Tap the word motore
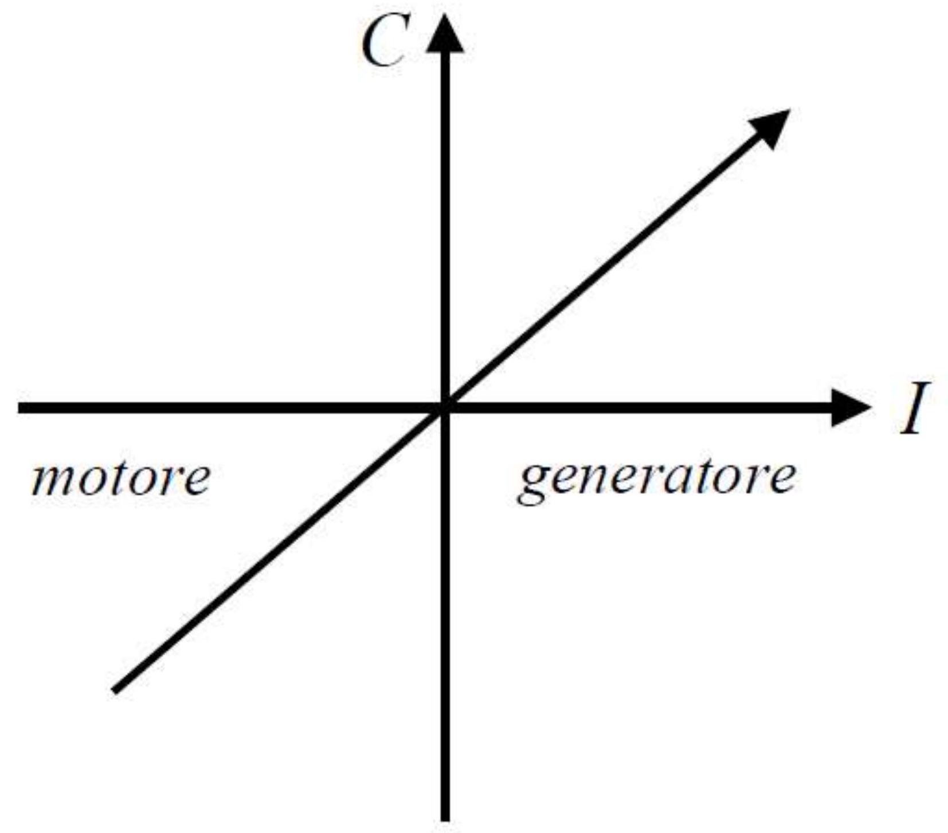point(121,478)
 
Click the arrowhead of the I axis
point(851,408)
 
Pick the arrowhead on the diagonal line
point(771,127)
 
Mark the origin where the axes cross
point(445,408)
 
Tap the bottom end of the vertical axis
point(445,818)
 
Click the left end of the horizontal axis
point(21,408)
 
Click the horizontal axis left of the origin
point(229,408)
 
